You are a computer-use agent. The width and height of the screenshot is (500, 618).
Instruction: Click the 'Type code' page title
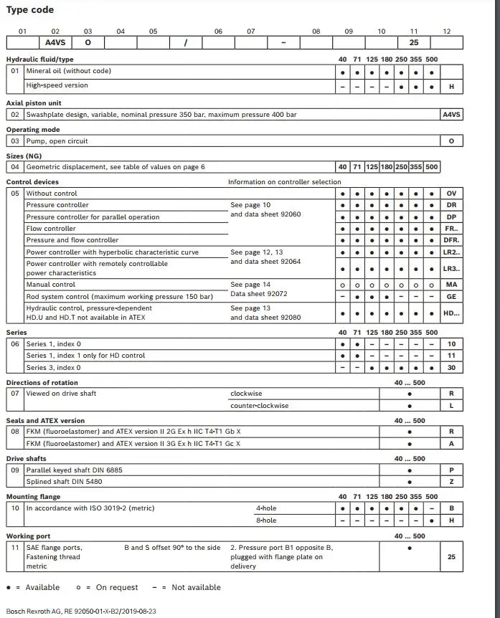point(30,10)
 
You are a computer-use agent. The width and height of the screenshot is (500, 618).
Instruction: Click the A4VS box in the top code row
point(55,42)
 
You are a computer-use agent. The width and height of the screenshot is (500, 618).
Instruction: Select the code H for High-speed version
point(451,86)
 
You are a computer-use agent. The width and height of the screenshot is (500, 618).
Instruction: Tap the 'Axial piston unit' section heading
point(34,103)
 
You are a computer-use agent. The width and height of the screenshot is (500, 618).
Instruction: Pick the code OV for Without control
point(451,194)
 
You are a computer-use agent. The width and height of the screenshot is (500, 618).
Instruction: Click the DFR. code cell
point(451,240)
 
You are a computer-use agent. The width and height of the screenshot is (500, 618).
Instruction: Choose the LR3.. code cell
point(451,269)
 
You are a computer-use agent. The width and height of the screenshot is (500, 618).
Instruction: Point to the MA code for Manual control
point(451,285)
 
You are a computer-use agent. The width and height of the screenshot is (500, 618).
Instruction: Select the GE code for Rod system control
point(451,296)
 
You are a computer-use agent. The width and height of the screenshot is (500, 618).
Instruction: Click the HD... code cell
point(451,313)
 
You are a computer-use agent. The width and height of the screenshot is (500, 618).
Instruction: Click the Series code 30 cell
point(451,368)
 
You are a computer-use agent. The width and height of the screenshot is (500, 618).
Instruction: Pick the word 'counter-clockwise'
point(259,406)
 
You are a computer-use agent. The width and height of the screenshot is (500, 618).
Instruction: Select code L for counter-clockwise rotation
point(451,406)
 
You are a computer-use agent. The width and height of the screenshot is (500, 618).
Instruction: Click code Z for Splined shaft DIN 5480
point(451,482)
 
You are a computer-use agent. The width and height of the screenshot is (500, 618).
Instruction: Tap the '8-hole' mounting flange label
point(266,520)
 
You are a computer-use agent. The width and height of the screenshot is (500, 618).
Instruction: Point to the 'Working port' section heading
point(28,536)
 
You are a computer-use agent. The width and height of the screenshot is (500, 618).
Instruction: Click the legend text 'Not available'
point(196,588)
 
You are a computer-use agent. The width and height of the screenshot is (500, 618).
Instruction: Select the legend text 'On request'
point(117,588)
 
